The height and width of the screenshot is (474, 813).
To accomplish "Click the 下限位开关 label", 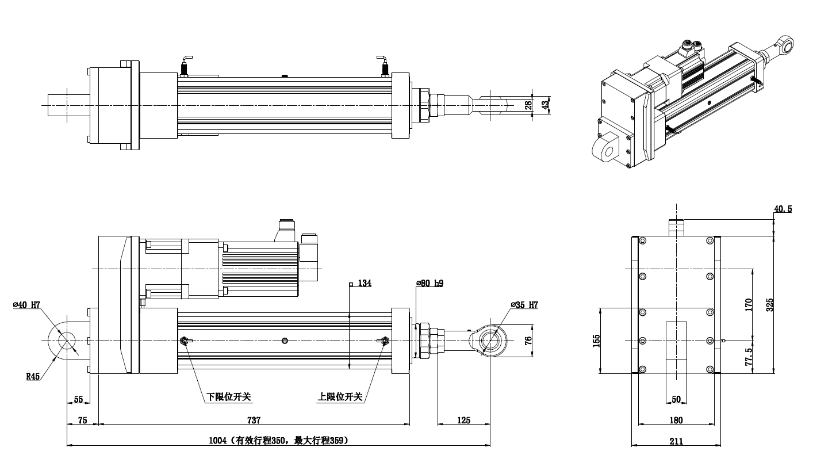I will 229,397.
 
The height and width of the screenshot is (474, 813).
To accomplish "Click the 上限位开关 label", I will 340,397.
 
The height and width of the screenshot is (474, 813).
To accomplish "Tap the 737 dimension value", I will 254,421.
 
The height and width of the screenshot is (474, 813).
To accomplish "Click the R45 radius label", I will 33,377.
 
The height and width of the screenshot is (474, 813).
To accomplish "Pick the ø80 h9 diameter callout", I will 430,284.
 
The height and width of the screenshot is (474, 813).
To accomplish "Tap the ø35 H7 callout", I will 524,305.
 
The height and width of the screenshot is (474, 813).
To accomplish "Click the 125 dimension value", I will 463,421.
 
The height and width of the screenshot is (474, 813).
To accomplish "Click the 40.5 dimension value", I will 783,209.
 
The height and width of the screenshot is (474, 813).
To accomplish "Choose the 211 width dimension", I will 676,441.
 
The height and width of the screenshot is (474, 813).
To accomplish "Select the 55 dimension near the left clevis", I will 78,399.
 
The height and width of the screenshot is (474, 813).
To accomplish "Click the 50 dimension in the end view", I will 676,399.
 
